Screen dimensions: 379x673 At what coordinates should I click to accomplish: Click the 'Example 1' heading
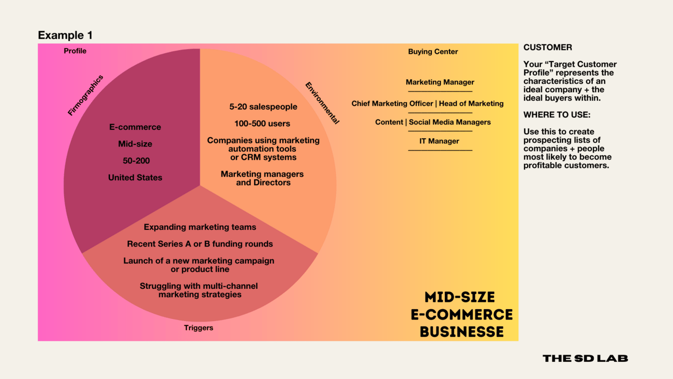pos(65,35)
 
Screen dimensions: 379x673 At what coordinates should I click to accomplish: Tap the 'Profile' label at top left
pos(75,51)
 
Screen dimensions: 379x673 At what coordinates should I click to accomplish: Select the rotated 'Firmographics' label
pos(85,95)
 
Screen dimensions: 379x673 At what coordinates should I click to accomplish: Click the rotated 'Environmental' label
pos(322,103)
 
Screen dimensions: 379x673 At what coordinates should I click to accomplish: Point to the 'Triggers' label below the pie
pos(198,328)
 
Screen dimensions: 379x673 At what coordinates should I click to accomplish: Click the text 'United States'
pos(135,178)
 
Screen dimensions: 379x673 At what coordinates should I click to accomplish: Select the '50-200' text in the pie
pos(135,161)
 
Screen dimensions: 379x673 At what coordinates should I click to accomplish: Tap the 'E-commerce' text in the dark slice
pos(135,127)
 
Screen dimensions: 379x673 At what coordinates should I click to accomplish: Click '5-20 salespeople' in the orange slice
pos(263,107)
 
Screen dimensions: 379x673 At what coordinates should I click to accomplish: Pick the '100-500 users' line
pos(262,124)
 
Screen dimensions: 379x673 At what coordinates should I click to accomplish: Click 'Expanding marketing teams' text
pos(200,227)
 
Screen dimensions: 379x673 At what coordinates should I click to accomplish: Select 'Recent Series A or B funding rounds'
pos(200,244)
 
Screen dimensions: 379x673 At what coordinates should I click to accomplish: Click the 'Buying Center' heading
pos(433,52)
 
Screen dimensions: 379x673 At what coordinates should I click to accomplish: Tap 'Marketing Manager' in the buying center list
pos(440,82)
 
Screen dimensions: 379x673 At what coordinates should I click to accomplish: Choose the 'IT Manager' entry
pos(439,141)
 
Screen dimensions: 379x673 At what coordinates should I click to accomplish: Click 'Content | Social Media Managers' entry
pos(433,123)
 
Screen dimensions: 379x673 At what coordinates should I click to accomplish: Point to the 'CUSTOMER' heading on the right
pos(547,47)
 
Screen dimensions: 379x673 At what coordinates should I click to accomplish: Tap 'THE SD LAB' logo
pos(585,358)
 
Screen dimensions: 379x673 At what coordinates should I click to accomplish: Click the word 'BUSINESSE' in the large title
pos(462,332)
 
